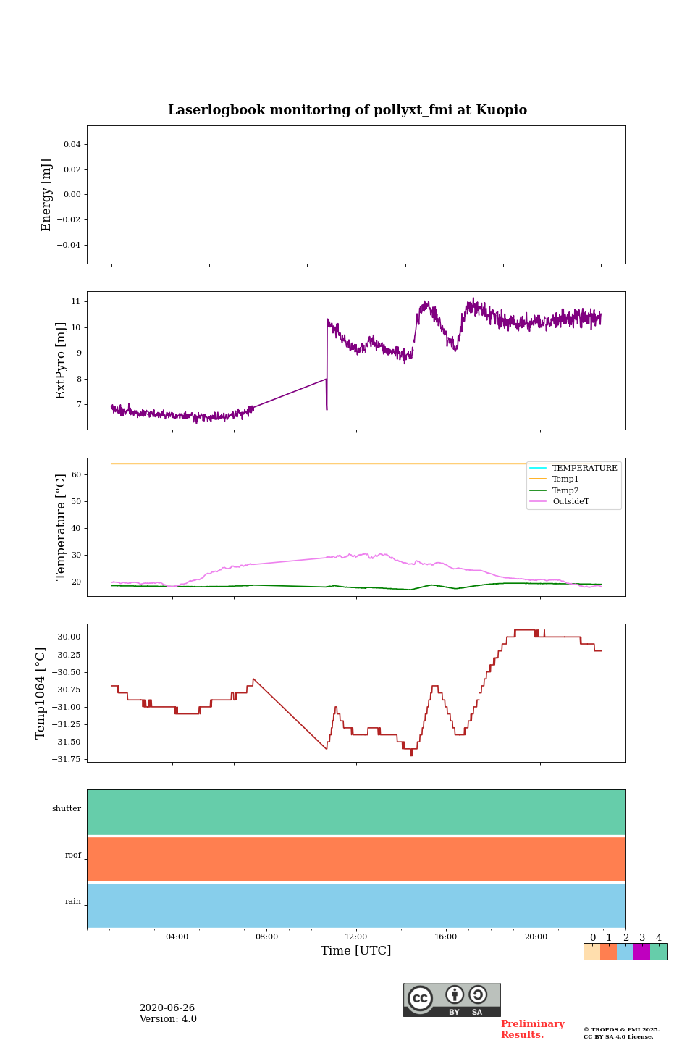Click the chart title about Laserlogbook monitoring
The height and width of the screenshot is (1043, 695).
[347, 110]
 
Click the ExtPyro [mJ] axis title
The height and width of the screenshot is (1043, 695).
[61, 361]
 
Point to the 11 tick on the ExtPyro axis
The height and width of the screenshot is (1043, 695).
[75, 301]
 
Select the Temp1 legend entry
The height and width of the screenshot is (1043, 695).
[565, 479]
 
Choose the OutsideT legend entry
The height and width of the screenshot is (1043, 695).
[570, 502]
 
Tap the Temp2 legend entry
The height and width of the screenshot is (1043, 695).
[565, 491]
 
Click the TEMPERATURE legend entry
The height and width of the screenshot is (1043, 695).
[584, 469]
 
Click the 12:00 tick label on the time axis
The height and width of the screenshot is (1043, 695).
[356, 937]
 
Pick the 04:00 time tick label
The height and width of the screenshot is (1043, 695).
[177, 937]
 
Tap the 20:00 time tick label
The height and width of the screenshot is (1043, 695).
[536, 937]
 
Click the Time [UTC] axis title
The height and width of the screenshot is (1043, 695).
[356, 951]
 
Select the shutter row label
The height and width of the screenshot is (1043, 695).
[67, 809]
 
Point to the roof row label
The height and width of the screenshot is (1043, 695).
[73, 855]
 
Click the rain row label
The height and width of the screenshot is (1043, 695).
[73, 902]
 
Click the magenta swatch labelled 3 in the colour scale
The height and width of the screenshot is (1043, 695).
[641, 952]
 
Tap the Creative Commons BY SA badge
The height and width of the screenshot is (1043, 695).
[452, 1000]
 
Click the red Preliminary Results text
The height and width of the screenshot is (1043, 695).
[532, 1029]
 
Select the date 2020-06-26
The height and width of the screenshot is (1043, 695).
[167, 1008]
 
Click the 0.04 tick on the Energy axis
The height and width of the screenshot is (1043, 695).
[72, 145]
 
